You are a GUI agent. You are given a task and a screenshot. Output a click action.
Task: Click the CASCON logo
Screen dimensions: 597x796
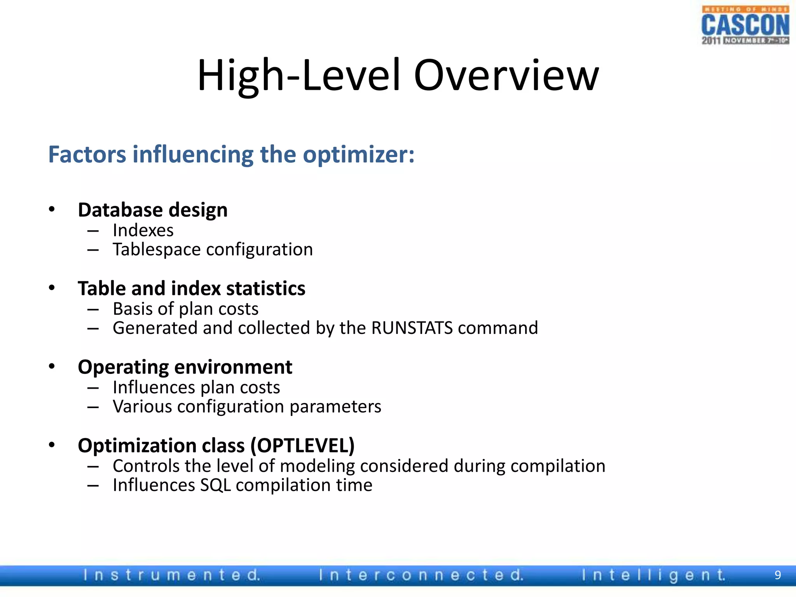745,25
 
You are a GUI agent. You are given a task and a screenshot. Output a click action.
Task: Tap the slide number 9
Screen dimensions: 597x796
777,575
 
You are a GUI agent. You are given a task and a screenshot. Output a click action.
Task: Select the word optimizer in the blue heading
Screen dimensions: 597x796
358,154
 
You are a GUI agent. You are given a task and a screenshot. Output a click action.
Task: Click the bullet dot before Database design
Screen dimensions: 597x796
52,209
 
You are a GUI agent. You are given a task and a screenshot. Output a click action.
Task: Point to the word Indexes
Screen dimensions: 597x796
143,230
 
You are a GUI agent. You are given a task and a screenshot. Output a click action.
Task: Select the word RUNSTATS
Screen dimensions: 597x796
412,328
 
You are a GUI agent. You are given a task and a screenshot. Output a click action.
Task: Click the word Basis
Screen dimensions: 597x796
132,309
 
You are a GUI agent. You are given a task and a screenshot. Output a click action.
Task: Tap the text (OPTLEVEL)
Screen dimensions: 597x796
302,445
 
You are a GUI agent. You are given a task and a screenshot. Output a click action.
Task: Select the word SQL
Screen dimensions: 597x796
215,485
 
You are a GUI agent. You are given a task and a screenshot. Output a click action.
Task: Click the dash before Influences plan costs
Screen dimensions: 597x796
93,388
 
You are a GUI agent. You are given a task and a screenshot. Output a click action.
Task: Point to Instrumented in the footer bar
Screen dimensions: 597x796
171,575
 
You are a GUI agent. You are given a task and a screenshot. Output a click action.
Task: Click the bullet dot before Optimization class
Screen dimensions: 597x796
52,445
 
